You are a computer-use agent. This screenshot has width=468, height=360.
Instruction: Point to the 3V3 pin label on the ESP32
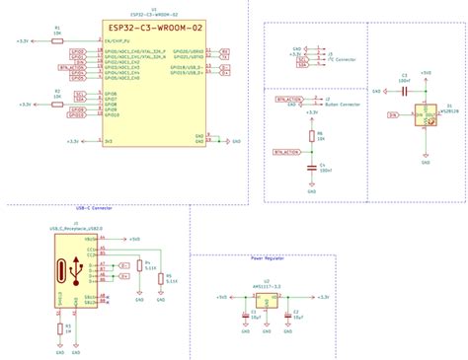point(108,141)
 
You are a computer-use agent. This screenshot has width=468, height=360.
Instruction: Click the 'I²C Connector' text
point(342,59)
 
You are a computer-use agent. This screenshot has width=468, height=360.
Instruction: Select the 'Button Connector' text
point(342,102)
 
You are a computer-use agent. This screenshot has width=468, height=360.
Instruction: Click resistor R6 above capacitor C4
point(311,136)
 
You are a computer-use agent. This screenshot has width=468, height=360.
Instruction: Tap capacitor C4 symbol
point(311,165)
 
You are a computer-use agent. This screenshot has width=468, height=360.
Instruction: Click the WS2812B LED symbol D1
point(426,113)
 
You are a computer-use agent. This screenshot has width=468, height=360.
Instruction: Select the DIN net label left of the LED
point(393,115)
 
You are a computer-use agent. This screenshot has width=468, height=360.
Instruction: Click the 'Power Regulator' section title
point(267,259)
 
